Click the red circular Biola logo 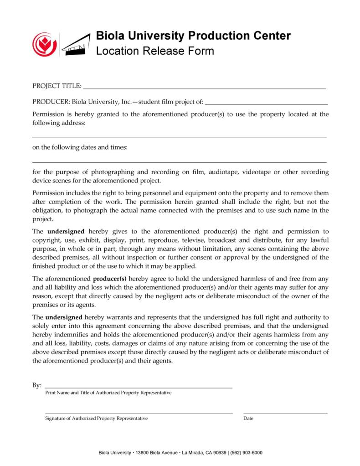tap(44, 45)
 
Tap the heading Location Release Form tap(154, 51)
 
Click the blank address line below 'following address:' tap(180, 137)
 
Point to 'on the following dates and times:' tap(80, 148)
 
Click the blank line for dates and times tap(180, 162)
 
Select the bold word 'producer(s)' tap(110, 278)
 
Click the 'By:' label tap(37, 385)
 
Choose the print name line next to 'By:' tap(139, 387)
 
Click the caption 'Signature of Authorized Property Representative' tap(96, 418)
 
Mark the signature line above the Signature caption tap(139, 413)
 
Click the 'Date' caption tap(248, 418)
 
